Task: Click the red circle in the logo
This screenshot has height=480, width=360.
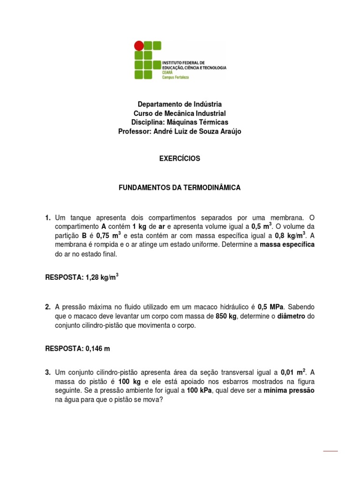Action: pyautogui.click(x=139, y=45)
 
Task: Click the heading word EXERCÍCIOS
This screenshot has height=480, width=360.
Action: pyautogui.click(x=180, y=158)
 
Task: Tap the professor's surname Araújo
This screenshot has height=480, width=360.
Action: pyautogui.click(x=229, y=132)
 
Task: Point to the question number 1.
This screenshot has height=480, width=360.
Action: pyautogui.click(x=48, y=218)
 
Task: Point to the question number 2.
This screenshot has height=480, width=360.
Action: pyautogui.click(x=48, y=307)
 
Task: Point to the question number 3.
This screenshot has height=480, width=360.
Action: pyautogui.click(x=48, y=373)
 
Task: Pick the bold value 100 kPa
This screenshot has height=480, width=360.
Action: pyautogui.click(x=199, y=391)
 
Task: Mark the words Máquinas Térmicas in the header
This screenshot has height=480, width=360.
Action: pyautogui.click(x=195, y=122)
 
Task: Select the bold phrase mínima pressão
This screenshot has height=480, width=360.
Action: pyautogui.click(x=289, y=391)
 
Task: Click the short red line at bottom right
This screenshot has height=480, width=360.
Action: pyautogui.click(x=330, y=451)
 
